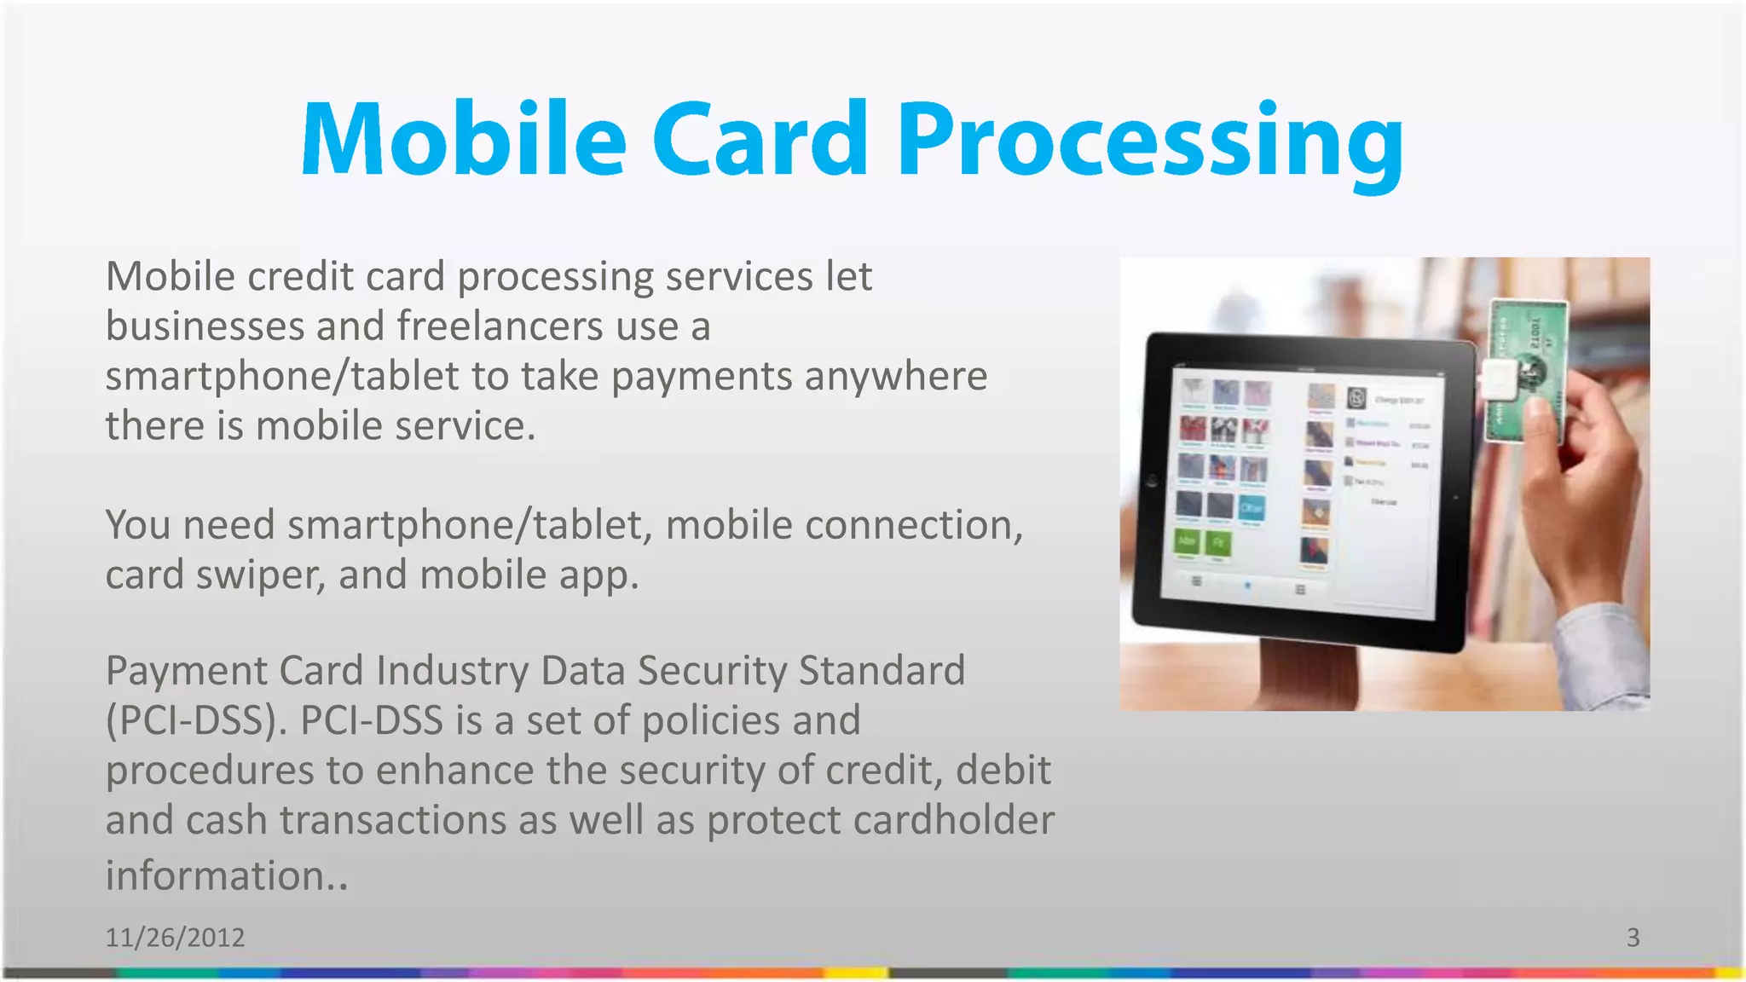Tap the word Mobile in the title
pyautogui.click(x=465, y=141)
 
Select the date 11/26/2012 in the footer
pyautogui.click(x=175, y=938)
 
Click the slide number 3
pyautogui.click(x=1633, y=938)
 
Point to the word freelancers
pyautogui.click(x=500, y=326)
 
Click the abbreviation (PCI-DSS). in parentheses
pyautogui.click(x=197, y=721)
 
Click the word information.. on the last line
pyautogui.click(x=227, y=876)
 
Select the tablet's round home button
pyautogui.click(x=1152, y=482)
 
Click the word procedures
pyautogui.click(x=210, y=771)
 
